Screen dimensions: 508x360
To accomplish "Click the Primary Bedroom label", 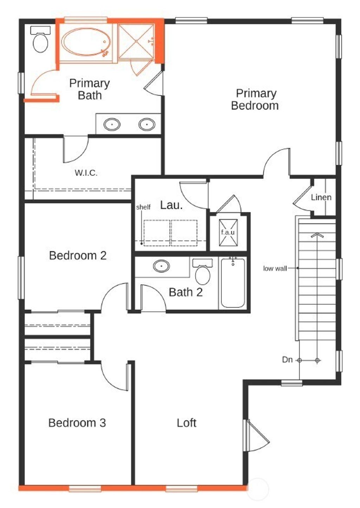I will tap(255, 99).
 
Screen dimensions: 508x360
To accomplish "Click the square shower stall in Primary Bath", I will tap(136, 41).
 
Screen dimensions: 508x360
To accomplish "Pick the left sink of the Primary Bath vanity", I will tap(112, 124).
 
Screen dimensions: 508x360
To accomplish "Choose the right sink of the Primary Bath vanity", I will tap(147, 124).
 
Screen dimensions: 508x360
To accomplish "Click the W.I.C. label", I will tap(86, 173).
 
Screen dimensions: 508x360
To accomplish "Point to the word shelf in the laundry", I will tap(143, 207).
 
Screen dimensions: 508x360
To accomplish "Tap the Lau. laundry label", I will tap(171, 205).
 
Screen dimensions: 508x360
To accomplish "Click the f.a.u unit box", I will tap(228, 232).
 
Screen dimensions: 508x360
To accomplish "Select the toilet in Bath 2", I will tap(202, 272).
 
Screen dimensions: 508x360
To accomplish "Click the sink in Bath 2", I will tap(161, 266).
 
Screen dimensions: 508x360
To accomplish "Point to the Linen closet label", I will tap(321, 197).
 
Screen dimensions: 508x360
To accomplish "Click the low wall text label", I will tap(275, 268).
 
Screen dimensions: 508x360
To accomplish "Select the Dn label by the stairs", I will tap(287, 360).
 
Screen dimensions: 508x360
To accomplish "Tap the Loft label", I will tap(186, 423).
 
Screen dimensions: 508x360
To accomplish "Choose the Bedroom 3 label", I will tap(77, 423).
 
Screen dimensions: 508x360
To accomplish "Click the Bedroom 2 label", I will tap(78, 255).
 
